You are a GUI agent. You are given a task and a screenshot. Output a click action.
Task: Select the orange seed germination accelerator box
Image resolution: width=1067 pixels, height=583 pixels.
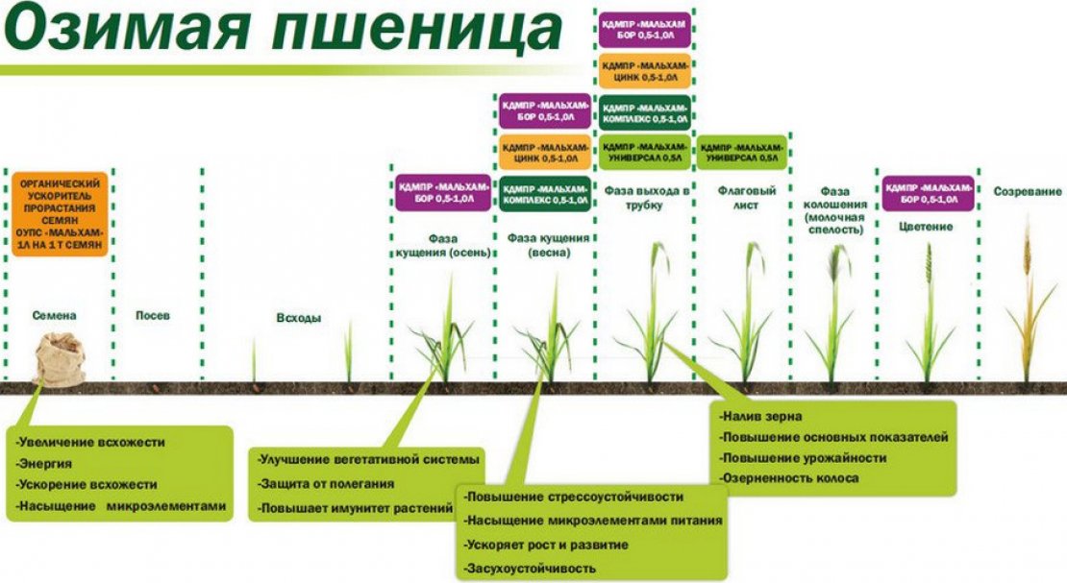[59, 214]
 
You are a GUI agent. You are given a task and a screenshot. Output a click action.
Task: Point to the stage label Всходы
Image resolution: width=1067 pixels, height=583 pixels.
[298, 318]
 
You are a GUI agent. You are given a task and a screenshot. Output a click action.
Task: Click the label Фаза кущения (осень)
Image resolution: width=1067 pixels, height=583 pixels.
[444, 245]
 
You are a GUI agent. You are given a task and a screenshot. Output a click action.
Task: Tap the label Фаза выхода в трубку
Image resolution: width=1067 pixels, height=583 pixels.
[645, 197]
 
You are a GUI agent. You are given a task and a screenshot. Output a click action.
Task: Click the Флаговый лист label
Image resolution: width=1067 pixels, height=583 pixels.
[739, 198]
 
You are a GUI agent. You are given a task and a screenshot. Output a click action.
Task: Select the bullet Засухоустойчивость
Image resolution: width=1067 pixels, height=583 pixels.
[529, 569]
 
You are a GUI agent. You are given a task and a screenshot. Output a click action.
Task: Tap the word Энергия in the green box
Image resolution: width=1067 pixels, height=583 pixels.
[47, 463]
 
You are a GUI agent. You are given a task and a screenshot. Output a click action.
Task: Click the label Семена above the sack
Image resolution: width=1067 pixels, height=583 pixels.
[54, 315]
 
